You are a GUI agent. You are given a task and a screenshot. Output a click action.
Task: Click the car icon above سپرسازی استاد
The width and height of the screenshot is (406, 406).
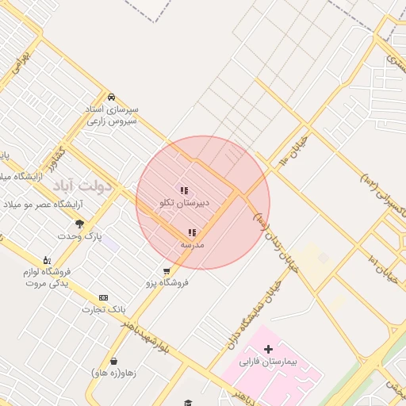[x=111, y=97]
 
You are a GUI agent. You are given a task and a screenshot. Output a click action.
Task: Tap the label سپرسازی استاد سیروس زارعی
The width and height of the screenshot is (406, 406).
[x=113, y=115]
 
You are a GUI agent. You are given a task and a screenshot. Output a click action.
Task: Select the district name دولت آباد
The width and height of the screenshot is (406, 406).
[x=84, y=185]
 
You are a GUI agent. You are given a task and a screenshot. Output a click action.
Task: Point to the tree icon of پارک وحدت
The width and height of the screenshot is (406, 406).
[x=79, y=224]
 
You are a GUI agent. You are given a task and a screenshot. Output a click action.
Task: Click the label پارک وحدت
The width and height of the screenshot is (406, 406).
[x=80, y=236]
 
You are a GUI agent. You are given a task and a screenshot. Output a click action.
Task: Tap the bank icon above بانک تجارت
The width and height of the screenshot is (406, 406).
[x=103, y=297]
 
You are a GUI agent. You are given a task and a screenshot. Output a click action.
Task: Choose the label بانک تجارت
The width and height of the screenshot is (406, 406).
[x=103, y=308]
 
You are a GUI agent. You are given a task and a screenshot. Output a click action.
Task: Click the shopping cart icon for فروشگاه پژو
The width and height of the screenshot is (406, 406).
[x=166, y=270]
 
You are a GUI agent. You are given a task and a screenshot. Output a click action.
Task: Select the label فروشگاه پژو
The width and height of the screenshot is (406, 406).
[x=167, y=282]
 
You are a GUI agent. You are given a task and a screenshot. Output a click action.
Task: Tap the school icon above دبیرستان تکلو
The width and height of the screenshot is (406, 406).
[x=184, y=190]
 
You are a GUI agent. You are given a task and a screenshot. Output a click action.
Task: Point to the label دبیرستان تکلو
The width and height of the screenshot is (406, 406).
[x=185, y=203]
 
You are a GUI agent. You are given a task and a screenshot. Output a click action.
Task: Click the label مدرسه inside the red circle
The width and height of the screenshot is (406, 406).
[x=192, y=244]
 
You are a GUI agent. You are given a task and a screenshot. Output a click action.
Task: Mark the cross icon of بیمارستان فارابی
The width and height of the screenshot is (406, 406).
[x=268, y=349]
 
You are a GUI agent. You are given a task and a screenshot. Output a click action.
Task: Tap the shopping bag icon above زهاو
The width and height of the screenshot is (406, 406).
[x=113, y=361]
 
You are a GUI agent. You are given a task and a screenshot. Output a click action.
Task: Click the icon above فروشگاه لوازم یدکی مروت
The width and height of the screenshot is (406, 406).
[x=47, y=260]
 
